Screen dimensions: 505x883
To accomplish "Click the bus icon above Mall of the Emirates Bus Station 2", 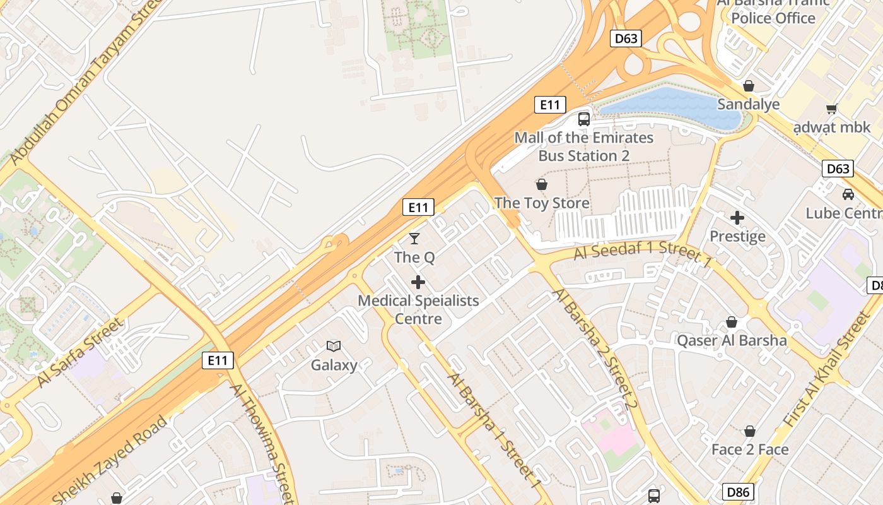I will (584, 119).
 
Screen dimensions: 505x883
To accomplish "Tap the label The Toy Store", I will (542, 203).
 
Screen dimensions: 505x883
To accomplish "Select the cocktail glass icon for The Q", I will (414, 238).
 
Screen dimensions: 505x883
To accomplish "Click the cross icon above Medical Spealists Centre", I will (418, 282).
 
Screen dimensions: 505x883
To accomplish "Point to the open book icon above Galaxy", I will (334, 346).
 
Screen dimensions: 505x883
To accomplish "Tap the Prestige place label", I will (737, 237).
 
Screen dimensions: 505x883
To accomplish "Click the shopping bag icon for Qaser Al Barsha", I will (732, 323).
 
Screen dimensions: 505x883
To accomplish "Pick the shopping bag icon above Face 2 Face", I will (750, 431).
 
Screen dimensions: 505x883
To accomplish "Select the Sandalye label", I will (749, 104).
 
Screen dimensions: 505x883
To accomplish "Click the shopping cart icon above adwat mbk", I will (832, 109).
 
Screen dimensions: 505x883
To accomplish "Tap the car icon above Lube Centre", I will (848, 194).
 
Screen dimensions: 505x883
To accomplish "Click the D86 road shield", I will (738, 492).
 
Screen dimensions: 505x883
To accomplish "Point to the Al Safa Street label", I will (80, 353).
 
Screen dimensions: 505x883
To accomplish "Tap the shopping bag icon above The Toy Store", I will (541, 184).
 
